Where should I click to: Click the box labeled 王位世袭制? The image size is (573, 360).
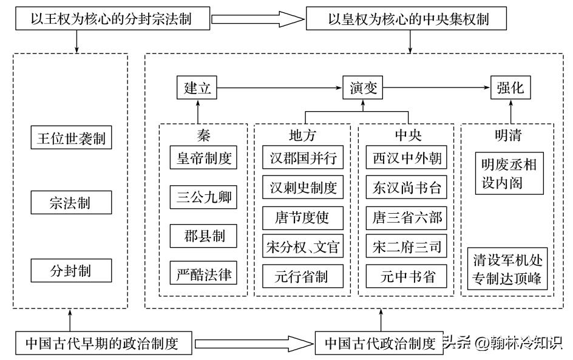coord(70,138)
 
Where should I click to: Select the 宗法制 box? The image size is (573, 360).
coord(70,203)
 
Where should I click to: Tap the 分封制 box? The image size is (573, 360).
coord(70,270)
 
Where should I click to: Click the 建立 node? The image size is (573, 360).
coord(197,87)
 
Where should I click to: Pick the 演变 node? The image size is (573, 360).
coord(364,87)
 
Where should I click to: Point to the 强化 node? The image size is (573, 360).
coord(510,87)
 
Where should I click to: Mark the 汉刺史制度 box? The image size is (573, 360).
coord(303,188)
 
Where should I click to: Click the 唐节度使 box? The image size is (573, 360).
coord(303,217)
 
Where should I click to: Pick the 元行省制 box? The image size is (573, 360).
coord(303,276)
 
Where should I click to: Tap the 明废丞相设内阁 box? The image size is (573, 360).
coord(509,172)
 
